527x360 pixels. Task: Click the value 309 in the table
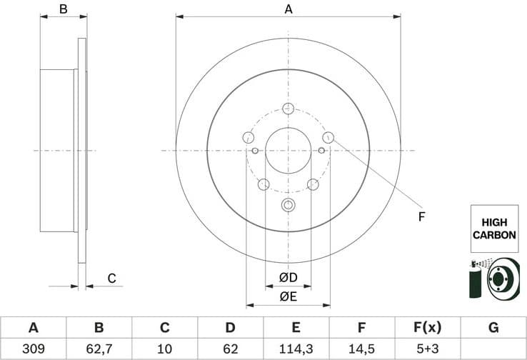pyautogui.click(x=33, y=349)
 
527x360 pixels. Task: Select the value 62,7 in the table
pyautogui.click(x=99, y=349)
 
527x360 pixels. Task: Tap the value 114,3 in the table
pyautogui.click(x=296, y=349)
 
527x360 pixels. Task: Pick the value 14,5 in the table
pyautogui.click(x=362, y=349)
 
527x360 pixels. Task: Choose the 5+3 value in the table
pyautogui.click(x=428, y=349)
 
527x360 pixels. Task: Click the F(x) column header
pyautogui.click(x=428, y=328)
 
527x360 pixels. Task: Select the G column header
pyautogui.click(x=493, y=328)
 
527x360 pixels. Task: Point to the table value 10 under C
pyautogui.click(x=164, y=349)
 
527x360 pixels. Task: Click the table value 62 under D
pyautogui.click(x=230, y=349)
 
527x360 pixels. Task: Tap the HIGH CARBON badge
pyautogui.click(x=493, y=229)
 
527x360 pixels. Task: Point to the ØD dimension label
pyautogui.click(x=288, y=277)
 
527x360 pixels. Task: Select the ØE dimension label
pyautogui.click(x=288, y=296)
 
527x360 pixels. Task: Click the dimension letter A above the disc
pyautogui.click(x=288, y=9)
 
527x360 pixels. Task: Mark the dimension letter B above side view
pyautogui.click(x=63, y=9)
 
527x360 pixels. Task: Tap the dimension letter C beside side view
pyautogui.click(x=111, y=278)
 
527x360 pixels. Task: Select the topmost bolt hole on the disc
pyautogui.click(x=288, y=109)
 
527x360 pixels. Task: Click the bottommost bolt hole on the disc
pyautogui.click(x=288, y=206)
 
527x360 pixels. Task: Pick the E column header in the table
pyautogui.click(x=296, y=328)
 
